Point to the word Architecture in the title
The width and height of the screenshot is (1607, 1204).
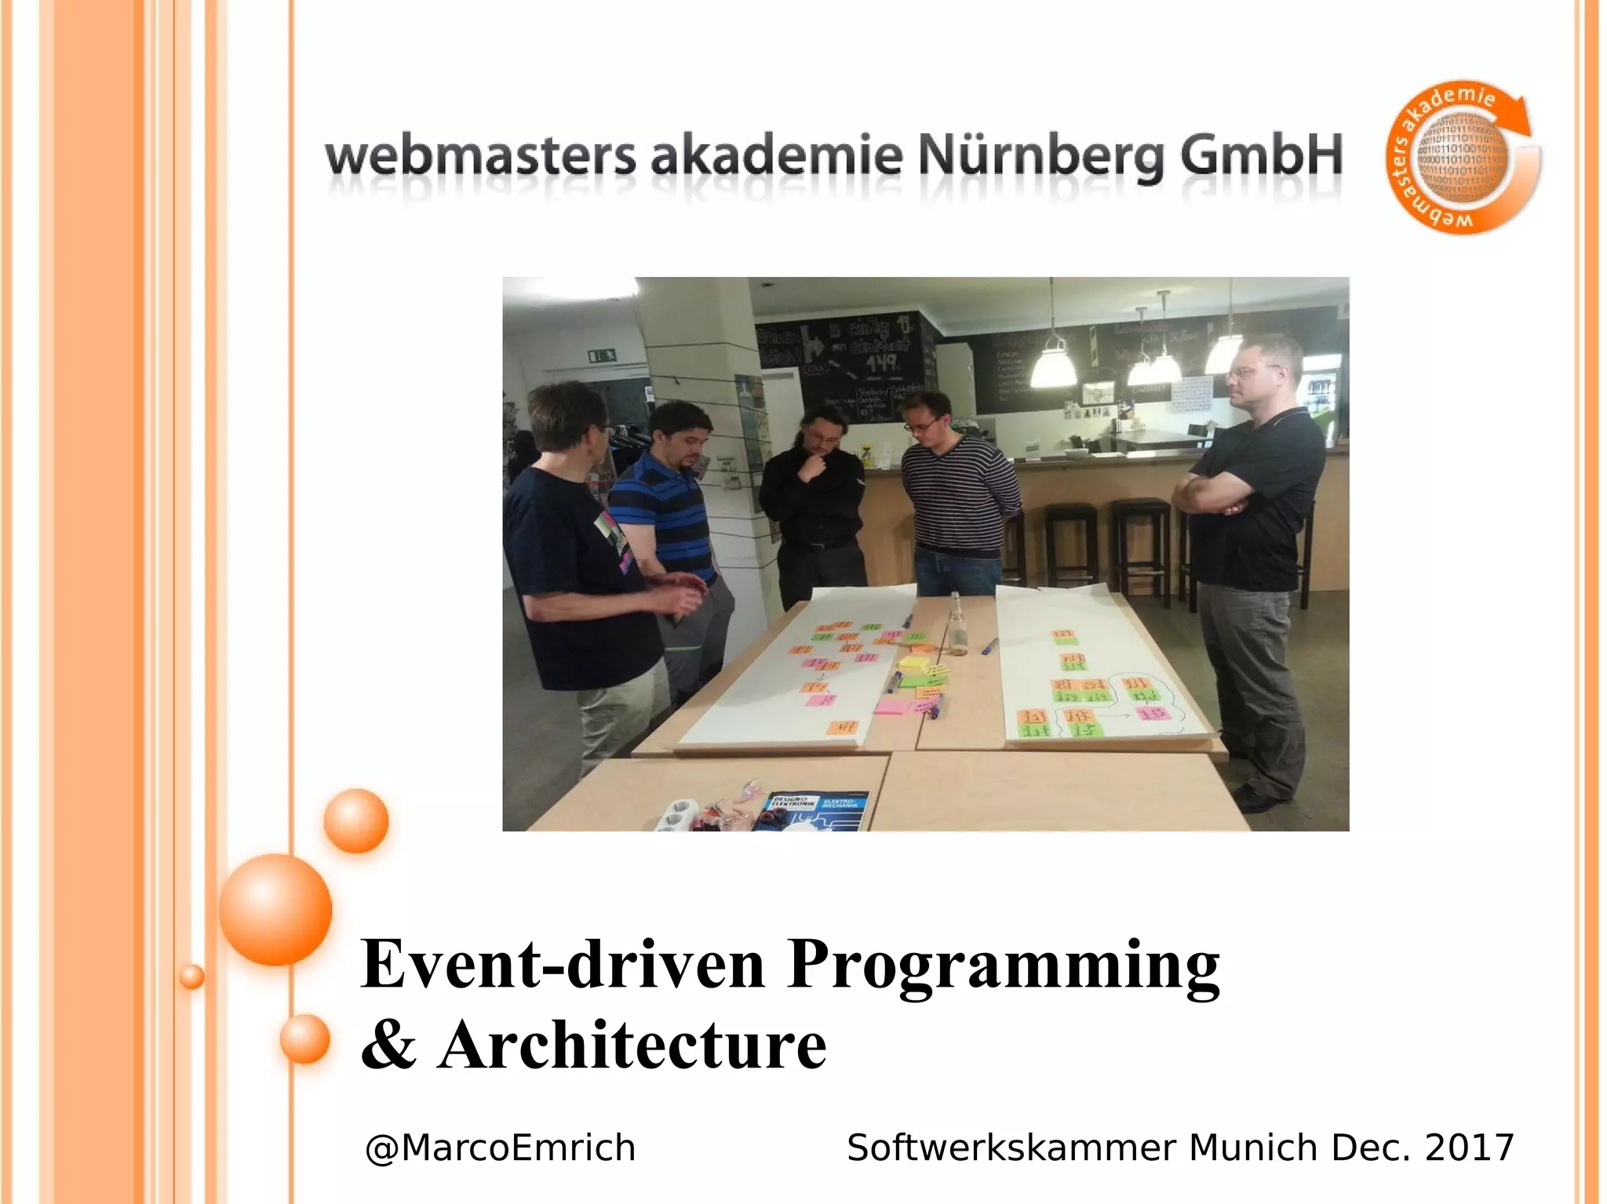(x=632, y=1046)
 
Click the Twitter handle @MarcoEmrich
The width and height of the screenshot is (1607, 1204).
(x=500, y=1148)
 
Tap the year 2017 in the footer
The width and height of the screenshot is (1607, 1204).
(x=1469, y=1148)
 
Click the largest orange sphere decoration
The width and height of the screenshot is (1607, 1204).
(x=275, y=910)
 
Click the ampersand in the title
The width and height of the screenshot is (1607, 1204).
(x=388, y=1046)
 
